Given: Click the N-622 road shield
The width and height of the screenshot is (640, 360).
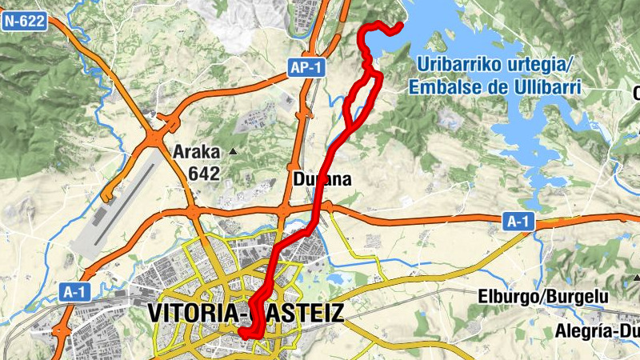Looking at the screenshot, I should (23, 22).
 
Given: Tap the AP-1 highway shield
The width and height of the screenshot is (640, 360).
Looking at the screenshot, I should (306, 68).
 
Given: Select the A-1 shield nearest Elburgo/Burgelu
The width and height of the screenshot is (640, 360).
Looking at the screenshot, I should (518, 222).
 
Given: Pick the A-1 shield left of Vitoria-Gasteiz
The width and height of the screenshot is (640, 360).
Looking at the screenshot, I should (74, 292).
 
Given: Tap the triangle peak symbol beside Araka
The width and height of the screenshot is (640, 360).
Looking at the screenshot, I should (233, 151).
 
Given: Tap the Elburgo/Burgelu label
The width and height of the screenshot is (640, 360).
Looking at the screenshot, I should (543, 297).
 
